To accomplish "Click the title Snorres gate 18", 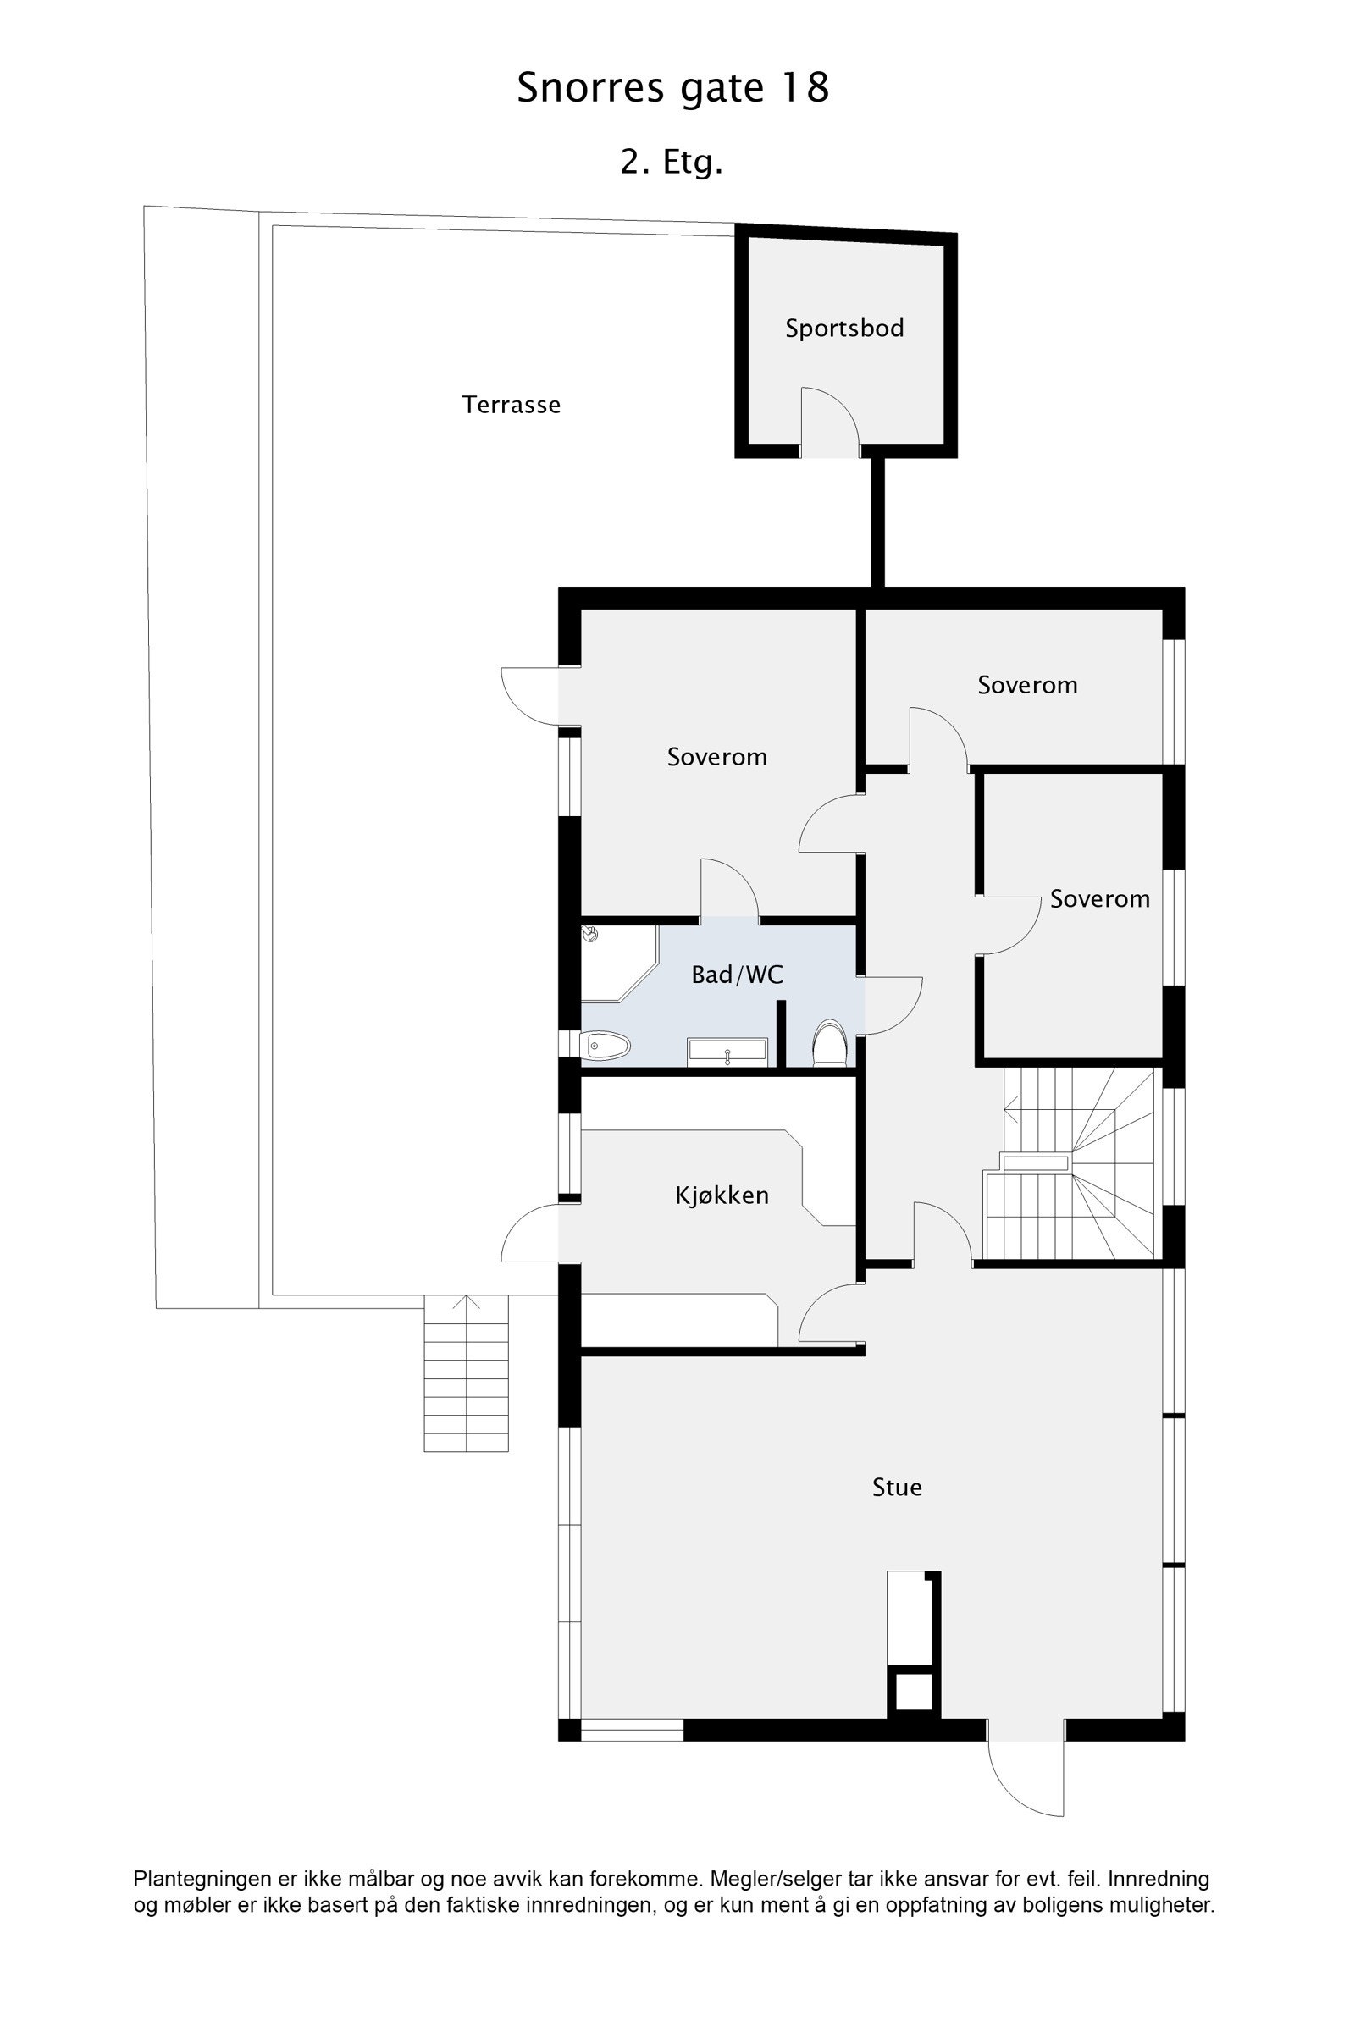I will point(672,87).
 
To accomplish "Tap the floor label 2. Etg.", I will point(671,162).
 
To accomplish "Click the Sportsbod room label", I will point(844,329).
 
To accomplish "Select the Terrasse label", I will point(511,405).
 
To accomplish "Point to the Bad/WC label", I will point(737,975).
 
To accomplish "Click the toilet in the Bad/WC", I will point(830,1044).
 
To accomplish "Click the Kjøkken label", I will point(722,1195).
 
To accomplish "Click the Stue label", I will point(897,1487).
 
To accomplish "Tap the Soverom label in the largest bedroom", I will point(716,757).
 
